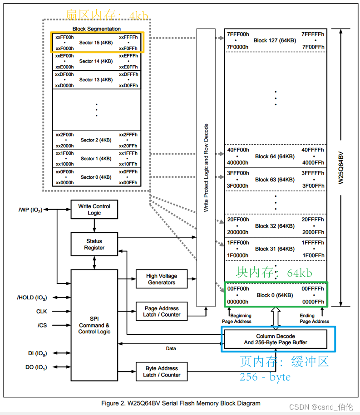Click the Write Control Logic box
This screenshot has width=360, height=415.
tap(94, 210)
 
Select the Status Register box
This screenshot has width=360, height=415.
tap(94, 244)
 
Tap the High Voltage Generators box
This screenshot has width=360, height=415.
tap(161, 279)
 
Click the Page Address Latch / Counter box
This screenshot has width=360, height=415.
tap(161, 311)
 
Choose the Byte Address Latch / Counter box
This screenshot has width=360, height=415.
tap(161, 371)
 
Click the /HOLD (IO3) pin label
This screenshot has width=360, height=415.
tap(32, 298)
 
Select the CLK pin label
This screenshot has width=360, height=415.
tap(41, 312)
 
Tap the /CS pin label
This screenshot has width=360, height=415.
tap(42, 325)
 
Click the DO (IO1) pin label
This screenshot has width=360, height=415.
tap(36, 367)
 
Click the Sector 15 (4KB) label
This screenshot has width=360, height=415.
tap(96, 43)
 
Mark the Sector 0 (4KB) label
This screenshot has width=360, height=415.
tap(96, 177)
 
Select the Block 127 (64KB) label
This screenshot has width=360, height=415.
tap(275, 40)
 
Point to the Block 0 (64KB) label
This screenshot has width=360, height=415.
tap(275, 295)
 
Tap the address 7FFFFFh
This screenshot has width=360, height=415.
tap(313, 34)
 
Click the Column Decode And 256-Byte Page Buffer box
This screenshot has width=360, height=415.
tap(275, 339)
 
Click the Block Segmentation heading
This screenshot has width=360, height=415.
tap(97, 29)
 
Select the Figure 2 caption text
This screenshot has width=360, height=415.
tap(180, 403)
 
